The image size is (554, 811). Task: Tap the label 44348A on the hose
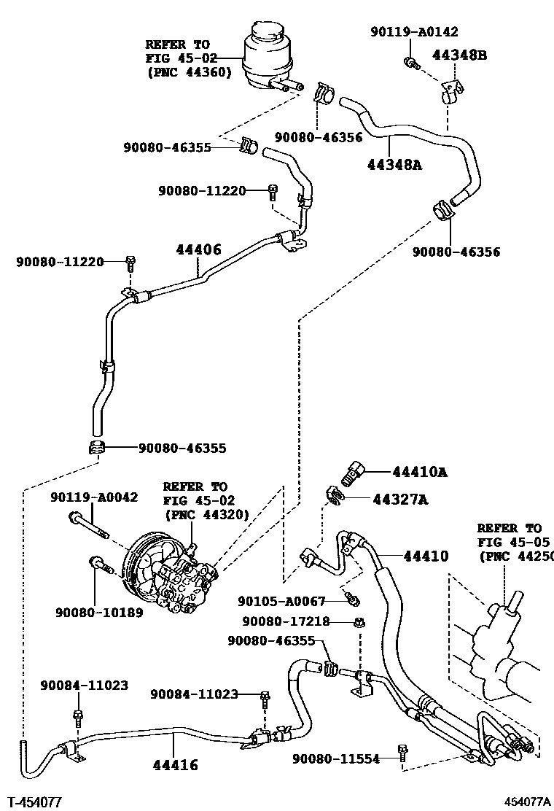(394, 165)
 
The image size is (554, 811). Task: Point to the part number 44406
(198, 249)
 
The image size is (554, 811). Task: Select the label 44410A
(419, 472)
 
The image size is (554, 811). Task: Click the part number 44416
(175, 765)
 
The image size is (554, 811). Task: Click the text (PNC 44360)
(189, 71)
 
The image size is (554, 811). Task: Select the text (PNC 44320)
(206, 514)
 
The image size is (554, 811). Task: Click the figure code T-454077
(34, 802)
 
